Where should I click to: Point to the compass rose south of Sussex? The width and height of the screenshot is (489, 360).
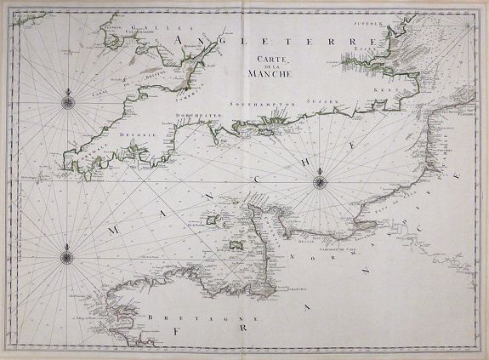[317, 179]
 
